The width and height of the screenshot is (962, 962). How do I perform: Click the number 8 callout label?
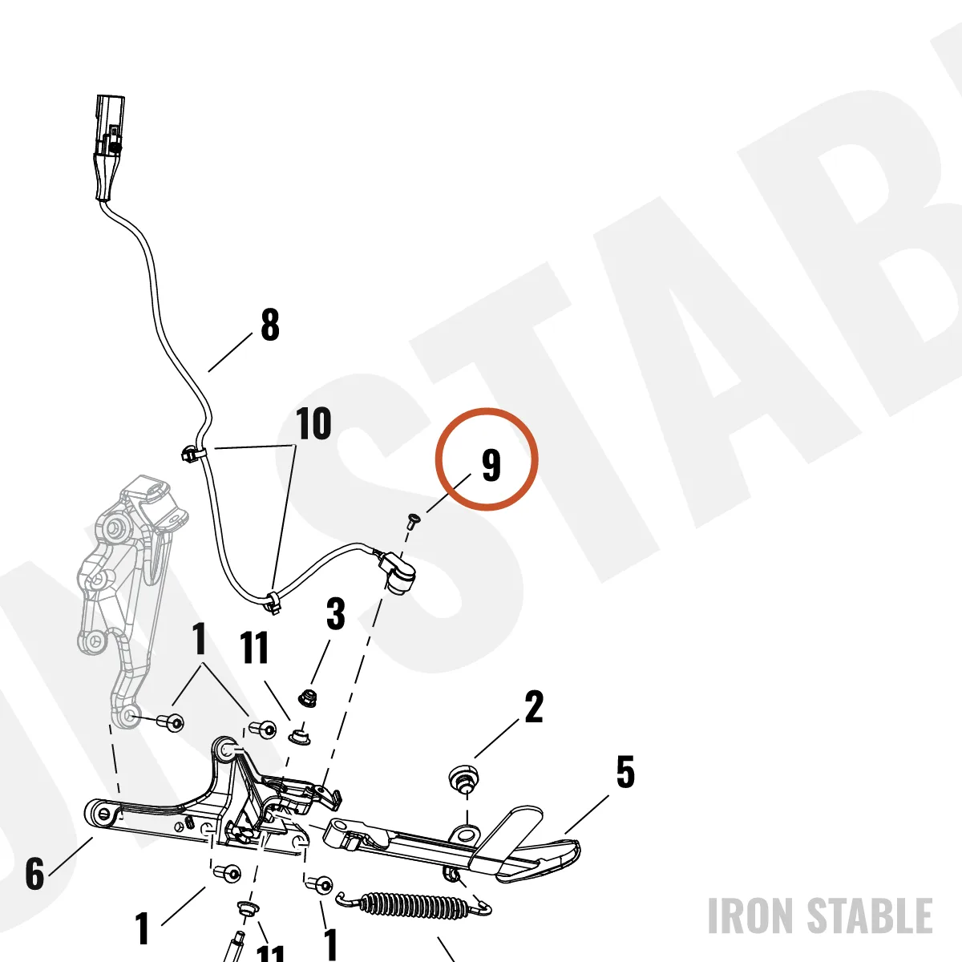270,325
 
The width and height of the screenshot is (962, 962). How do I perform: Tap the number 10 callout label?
313,423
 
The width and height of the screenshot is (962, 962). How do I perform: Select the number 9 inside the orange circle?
491,465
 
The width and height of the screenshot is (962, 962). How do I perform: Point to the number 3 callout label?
335,613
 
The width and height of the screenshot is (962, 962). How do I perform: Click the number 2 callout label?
534,706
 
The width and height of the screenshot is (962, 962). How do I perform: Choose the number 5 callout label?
625,772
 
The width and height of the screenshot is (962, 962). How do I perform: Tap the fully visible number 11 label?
255,648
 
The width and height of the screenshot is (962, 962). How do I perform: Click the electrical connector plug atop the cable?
109,148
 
